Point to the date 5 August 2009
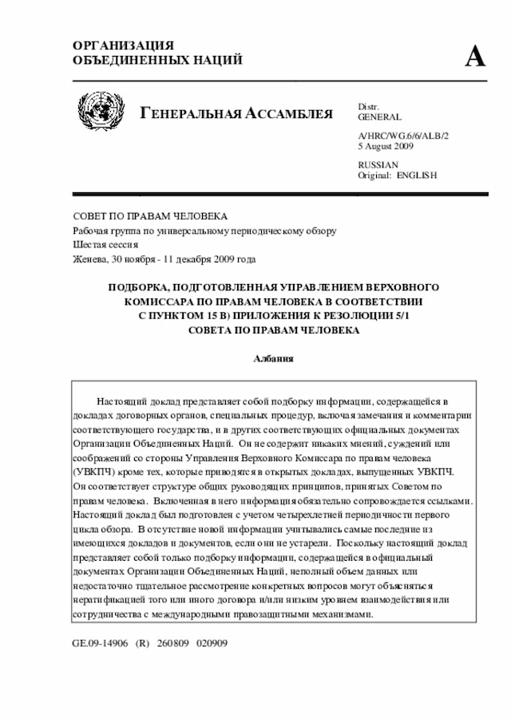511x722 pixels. [x=386, y=148]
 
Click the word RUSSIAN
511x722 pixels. [x=378, y=164]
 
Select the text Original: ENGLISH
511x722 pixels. [x=397, y=175]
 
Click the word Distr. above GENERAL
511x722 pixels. [x=368, y=106]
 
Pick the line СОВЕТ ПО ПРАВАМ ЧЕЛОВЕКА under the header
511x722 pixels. [x=150, y=216]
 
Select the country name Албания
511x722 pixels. [x=274, y=359]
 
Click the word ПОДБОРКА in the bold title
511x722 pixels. [x=140, y=286]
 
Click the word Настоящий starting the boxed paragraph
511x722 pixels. [x=122, y=400]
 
